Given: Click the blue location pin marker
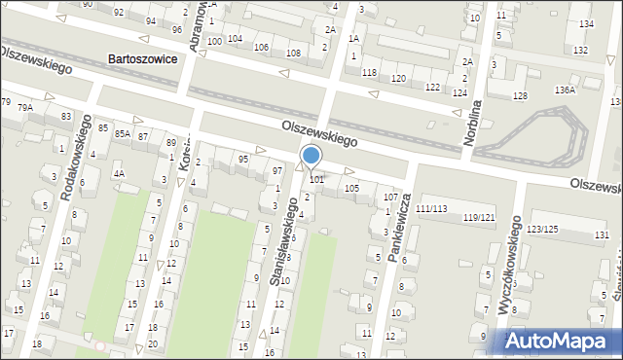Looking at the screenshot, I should pos(311,157).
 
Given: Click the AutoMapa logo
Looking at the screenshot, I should pos(559,340).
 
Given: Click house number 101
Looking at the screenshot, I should pos(316,179).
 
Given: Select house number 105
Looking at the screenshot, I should pos(351,188).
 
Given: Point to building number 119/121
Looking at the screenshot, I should pos(479,216).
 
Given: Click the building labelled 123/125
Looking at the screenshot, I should pos(542,229).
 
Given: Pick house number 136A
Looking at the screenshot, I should pos(565,90).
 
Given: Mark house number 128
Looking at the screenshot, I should pos(520,95).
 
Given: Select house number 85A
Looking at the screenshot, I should pos(122,133).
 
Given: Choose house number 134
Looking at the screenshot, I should pos(585,23).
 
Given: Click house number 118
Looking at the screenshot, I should pos(369,73).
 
